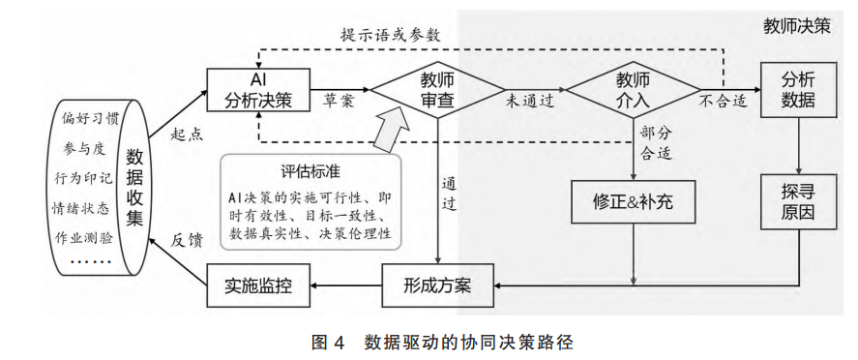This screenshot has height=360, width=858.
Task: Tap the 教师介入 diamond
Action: pyautogui.click(x=634, y=89)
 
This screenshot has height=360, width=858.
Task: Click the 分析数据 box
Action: pyautogui.click(x=797, y=89)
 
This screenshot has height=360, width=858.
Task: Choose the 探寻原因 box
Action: pyautogui.click(x=797, y=201)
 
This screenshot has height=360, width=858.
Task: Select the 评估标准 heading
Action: pyautogui.click(x=311, y=172)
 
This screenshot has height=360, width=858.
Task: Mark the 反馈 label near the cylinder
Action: pyautogui.click(x=187, y=239)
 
